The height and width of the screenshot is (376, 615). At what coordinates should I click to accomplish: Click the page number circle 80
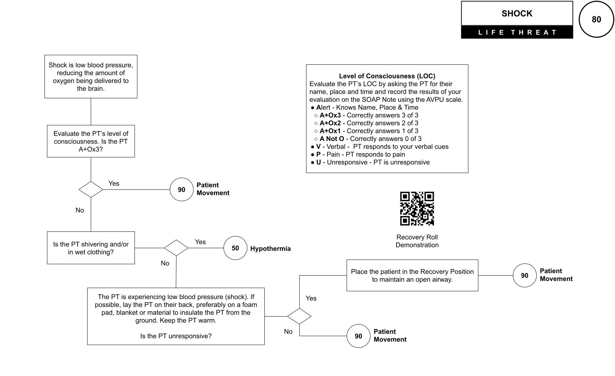click(596, 19)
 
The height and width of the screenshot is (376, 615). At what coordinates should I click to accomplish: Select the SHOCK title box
click(517, 14)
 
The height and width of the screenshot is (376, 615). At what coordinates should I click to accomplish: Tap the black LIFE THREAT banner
click(517, 32)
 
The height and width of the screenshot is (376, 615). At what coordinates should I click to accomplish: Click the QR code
click(417, 209)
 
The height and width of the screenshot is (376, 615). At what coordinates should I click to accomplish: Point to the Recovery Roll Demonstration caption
click(417, 241)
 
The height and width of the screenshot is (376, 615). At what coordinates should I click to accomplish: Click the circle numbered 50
click(235, 248)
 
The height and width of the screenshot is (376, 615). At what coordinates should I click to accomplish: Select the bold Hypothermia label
click(270, 249)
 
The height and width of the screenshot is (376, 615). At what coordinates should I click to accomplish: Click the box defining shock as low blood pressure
click(91, 77)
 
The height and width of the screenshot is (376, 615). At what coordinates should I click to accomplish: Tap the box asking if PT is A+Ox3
click(91, 141)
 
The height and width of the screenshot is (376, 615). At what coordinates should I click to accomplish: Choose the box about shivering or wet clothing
click(91, 248)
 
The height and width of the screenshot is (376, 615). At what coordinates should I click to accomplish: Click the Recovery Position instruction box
click(412, 275)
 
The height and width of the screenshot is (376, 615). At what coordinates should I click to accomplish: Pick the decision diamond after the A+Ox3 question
click(91, 189)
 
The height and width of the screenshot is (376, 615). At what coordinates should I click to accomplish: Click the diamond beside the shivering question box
click(176, 248)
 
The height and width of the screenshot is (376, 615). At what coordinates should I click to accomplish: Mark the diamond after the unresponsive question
click(299, 316)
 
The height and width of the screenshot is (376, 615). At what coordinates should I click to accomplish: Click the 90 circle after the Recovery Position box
click(525, 275)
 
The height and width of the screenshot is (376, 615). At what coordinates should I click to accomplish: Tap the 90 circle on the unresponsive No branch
click(358, 336)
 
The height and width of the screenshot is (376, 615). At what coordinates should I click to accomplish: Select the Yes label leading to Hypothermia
click(200, 242)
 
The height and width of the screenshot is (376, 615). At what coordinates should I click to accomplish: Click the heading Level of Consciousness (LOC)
click(387, 76)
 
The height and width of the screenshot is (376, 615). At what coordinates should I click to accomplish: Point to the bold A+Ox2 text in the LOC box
click(330, 123)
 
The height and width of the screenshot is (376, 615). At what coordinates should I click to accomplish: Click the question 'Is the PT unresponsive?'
click(176, 336)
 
